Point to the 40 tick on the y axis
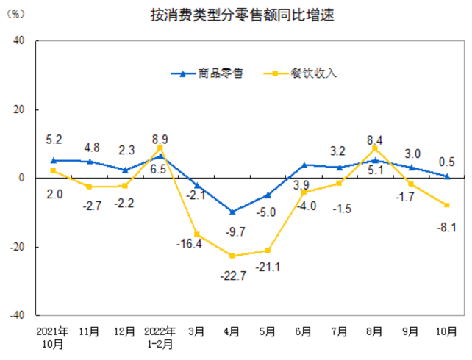[20, 41]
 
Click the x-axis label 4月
[232, 331]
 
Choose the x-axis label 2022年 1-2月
[160, 337]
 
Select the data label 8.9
[160, 138]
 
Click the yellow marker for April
[232, 256]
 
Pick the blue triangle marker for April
[232, 212]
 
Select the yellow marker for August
[375, 148]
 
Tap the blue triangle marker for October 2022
[446, 176]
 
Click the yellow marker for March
[196, 234]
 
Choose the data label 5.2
[54, 138]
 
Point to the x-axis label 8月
[375, 331]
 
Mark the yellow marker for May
[268, 251]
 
